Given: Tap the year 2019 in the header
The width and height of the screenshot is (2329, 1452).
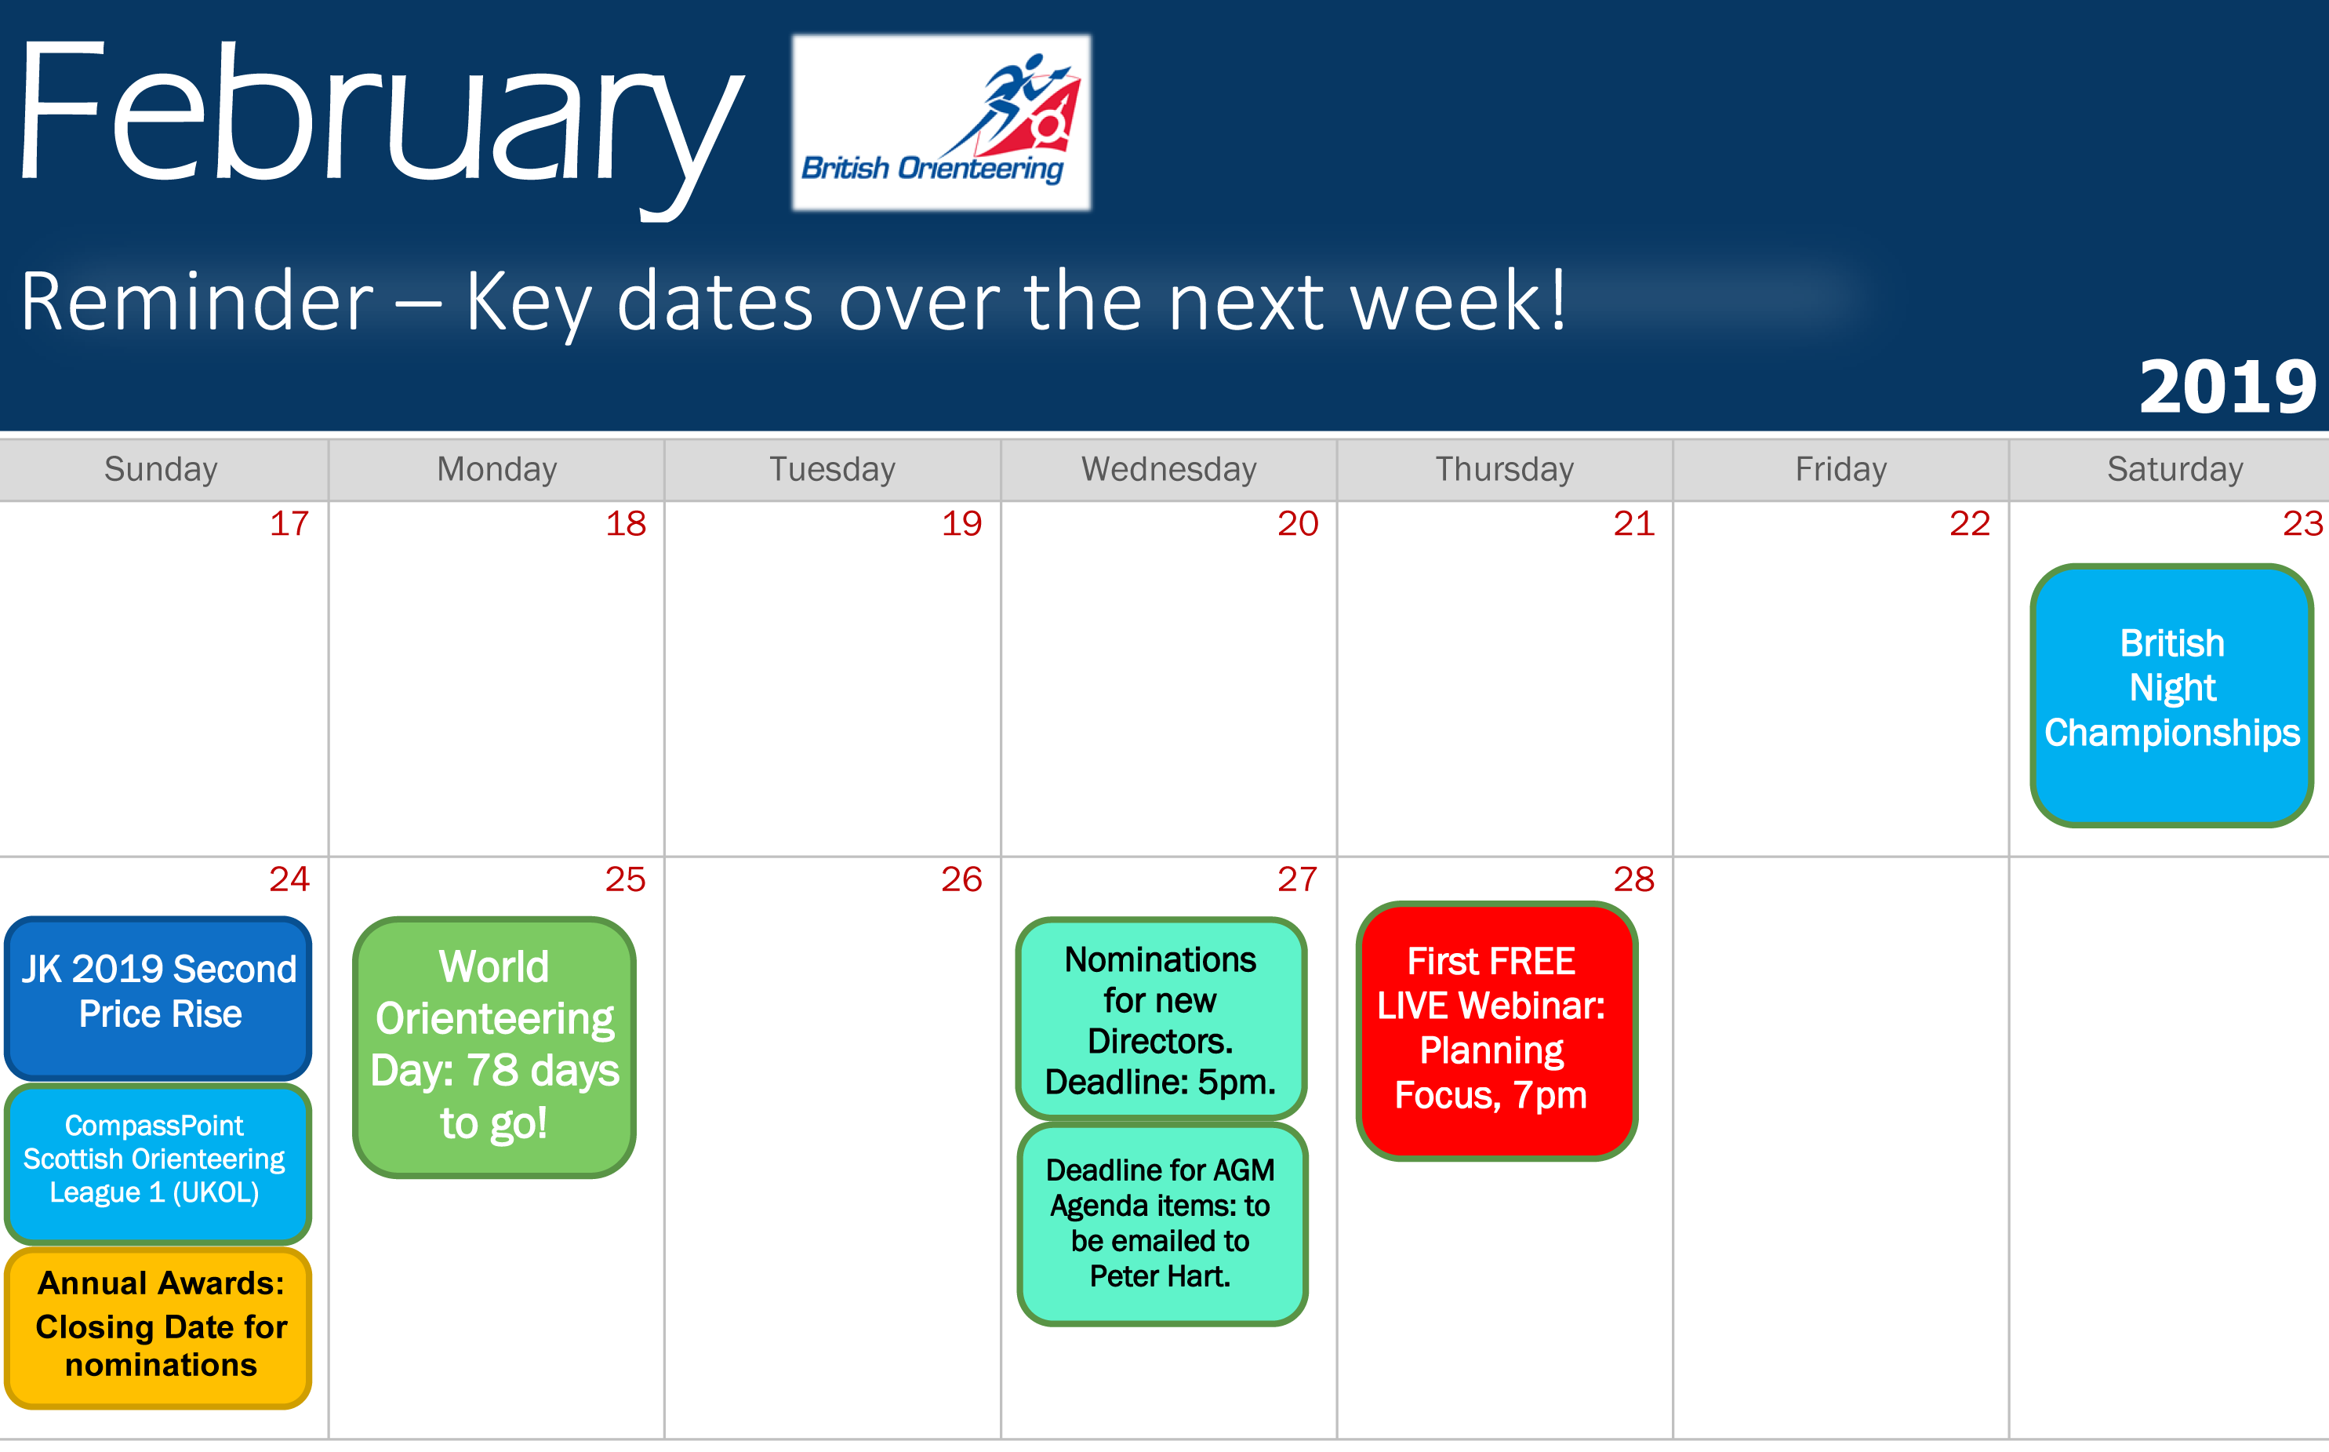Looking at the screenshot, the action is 2227,387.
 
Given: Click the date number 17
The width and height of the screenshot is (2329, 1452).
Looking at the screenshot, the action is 289,523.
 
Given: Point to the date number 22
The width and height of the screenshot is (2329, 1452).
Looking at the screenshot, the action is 1969,523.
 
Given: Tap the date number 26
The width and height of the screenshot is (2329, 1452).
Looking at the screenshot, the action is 961,879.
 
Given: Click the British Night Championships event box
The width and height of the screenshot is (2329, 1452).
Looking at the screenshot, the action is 2171,695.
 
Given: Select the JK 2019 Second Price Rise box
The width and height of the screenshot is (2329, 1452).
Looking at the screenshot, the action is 158,998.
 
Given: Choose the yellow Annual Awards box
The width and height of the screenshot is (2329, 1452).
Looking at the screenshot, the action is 158,1327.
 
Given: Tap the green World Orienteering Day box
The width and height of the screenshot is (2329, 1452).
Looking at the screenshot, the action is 494,1046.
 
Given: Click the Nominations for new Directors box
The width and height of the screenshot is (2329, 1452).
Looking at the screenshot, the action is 1161,1019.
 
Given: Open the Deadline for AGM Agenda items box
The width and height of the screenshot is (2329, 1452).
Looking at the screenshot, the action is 1161,1224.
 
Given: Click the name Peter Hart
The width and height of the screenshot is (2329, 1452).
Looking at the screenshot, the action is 1160,1276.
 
